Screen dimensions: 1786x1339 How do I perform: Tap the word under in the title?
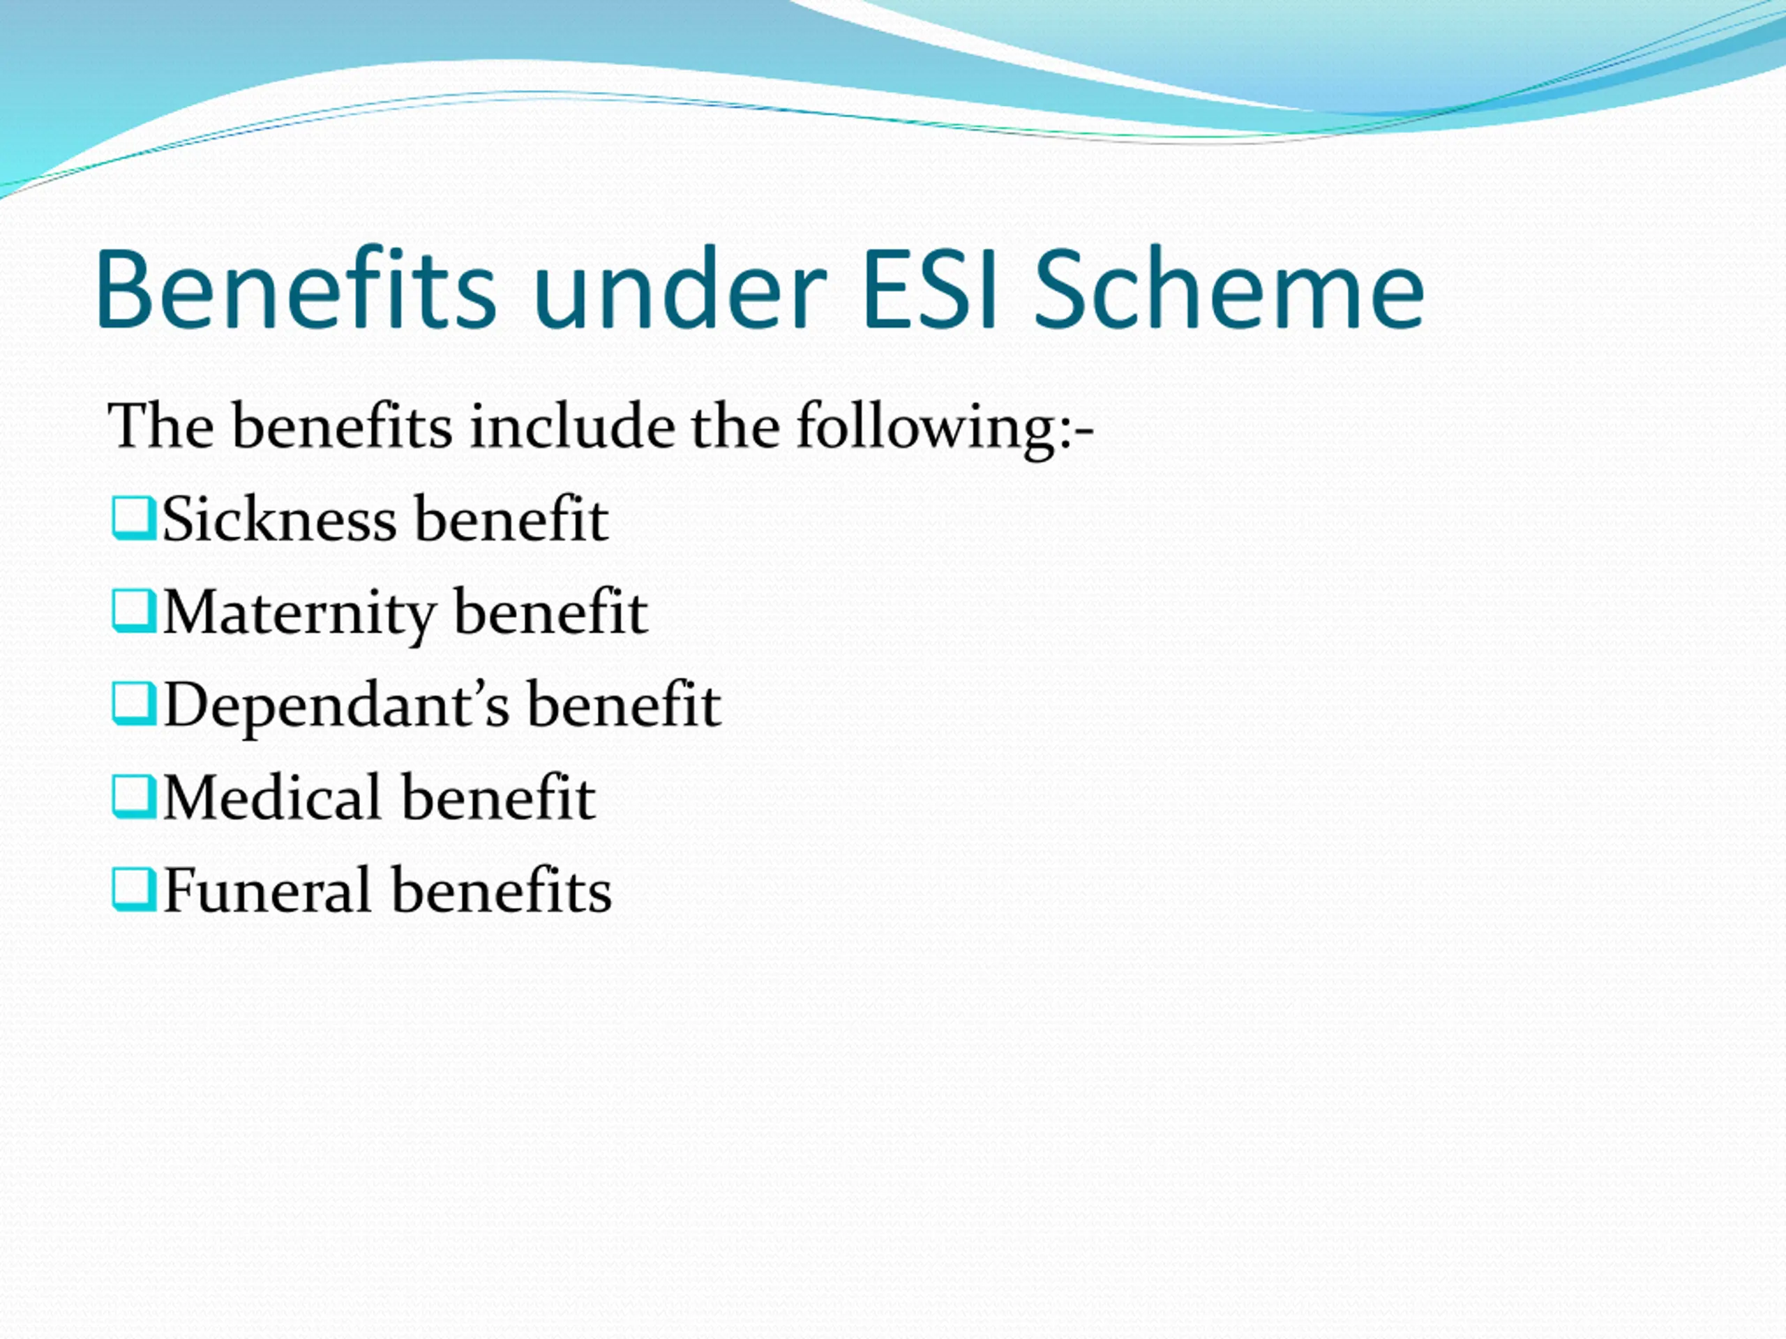click(680, 289)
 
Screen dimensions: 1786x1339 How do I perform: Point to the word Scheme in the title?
click(1229, 289)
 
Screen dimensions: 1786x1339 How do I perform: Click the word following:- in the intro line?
click(945, 428)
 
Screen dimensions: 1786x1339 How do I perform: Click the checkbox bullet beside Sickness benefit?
click(133, 518)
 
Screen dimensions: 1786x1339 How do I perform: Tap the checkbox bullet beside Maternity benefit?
click(133, 611)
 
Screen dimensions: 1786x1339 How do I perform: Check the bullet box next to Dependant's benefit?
click(133, 704)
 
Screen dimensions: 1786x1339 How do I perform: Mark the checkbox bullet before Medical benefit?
click(133, 796)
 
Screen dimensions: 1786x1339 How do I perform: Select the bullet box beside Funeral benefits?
click(133, 889)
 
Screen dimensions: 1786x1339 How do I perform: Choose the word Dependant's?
click(337, 706)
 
